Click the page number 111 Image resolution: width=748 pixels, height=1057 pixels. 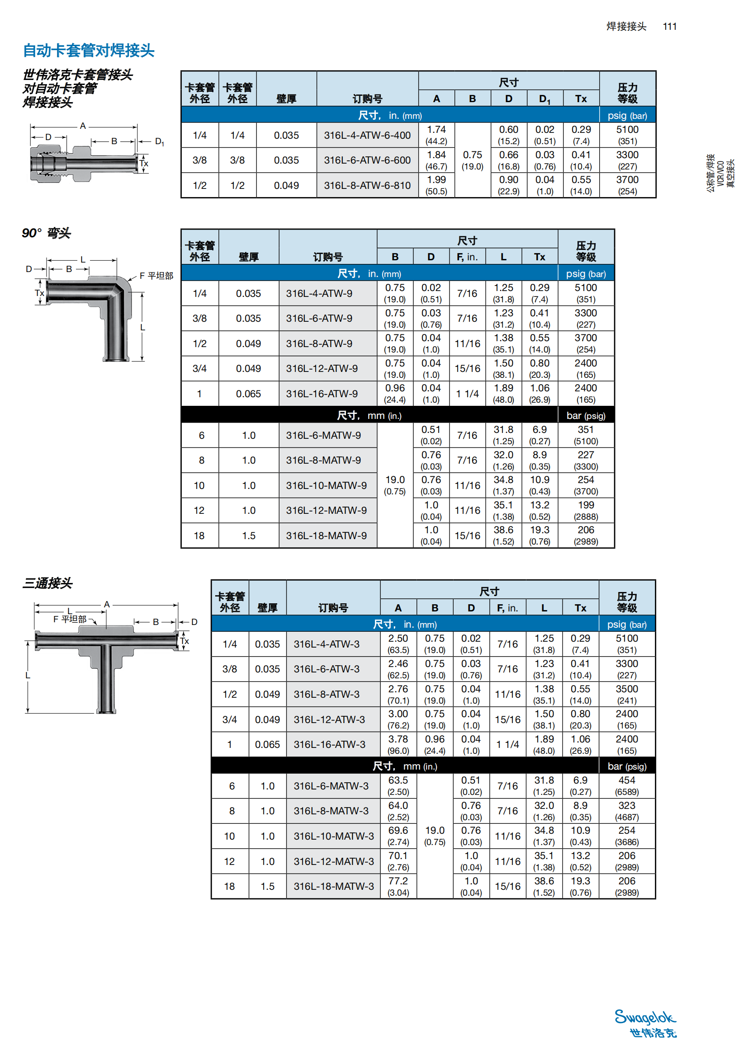point(669,27)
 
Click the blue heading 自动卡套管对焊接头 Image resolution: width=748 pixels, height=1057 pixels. point(89,51)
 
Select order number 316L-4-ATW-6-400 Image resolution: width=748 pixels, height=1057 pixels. point(367,136)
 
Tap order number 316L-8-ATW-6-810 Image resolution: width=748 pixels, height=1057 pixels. point(367,186)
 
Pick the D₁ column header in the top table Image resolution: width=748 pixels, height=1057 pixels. point(544,99)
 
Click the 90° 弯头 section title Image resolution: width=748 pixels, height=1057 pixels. point(46,233)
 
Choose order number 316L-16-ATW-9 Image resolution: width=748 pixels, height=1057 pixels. point(322,394)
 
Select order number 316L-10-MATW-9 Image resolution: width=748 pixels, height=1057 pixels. point(326,486)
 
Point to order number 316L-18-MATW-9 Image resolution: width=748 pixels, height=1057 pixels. point(326,536)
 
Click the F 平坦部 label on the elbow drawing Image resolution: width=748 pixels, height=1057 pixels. point(156,276)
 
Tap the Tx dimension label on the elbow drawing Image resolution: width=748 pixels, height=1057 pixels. point(40,293)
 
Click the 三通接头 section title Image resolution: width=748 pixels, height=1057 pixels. point(47,583)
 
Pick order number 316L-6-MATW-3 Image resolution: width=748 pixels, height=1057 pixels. point(331,786)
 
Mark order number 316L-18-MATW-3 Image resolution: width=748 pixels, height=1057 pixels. point(333,887)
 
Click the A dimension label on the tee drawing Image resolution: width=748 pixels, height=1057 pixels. point(107,605)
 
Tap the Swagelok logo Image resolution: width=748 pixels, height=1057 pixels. point(645,1023)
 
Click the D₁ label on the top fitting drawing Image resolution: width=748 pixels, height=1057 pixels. point(159,142)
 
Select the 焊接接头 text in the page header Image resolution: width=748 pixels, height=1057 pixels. point(626,27)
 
